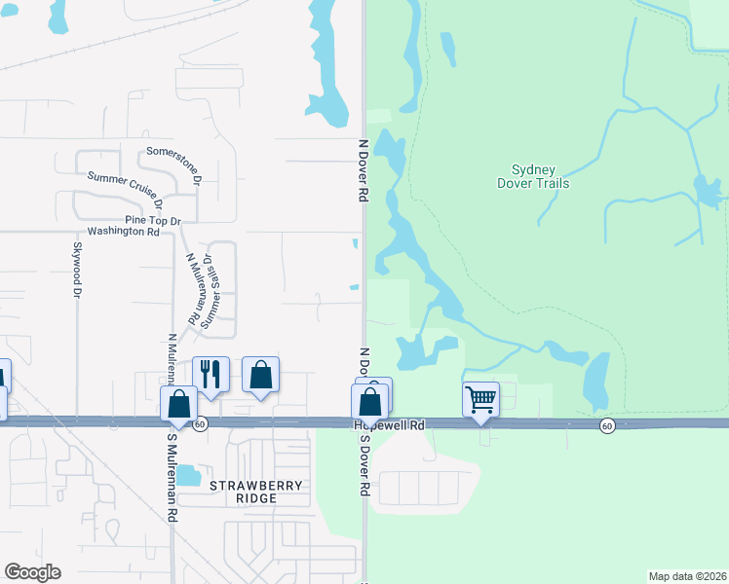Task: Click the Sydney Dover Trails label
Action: (533, 176)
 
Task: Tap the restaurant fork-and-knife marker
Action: (211, 373)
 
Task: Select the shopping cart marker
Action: (480, 398)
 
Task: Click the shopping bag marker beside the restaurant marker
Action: (260, 374)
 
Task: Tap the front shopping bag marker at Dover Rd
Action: (370, 401)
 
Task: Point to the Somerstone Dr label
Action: (174, 165)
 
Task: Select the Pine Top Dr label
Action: (153, 221)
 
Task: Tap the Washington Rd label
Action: (123, 232)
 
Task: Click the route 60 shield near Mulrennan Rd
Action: (199, 424)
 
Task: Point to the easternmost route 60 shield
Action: (606, 425)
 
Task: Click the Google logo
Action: (32, 572)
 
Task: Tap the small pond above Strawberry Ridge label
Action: (187, 475)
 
